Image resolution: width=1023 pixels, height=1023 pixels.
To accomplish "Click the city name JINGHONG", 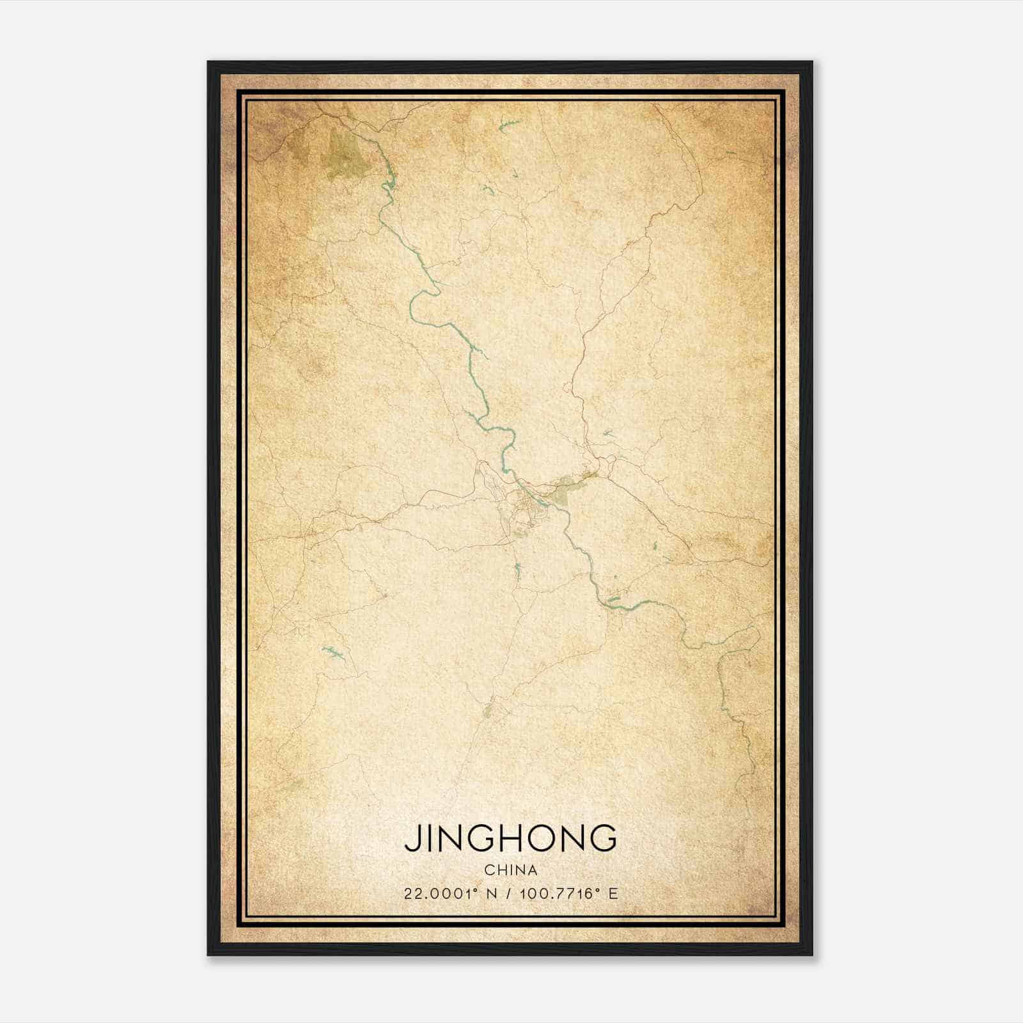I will [x=511, y=838].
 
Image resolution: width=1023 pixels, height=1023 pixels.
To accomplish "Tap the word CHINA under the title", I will [x=511, y=870].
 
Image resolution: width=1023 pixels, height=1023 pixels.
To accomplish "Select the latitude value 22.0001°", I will [x=441, y=894].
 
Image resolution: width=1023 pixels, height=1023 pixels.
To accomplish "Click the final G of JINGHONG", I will [x=604, y=838].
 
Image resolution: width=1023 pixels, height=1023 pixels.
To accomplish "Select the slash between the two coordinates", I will [x=510, y=894].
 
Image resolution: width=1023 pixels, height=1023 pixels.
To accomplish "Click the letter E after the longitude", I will [x=613, y=894].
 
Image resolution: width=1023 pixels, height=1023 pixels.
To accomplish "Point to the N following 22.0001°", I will [x=492, y=894].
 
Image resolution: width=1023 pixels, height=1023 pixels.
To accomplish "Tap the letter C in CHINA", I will [x=488, y=870].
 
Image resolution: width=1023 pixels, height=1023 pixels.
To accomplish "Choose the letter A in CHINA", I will [x=533, y=870].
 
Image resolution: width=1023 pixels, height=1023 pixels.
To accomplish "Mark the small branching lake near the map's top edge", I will [x=509, y=125].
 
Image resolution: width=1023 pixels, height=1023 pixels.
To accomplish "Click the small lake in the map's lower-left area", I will [x=333, y=652].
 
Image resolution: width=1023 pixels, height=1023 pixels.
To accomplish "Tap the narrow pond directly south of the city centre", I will [x=517, y=570].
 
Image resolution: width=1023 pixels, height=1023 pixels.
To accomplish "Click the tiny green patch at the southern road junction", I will [x=488, y=710].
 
